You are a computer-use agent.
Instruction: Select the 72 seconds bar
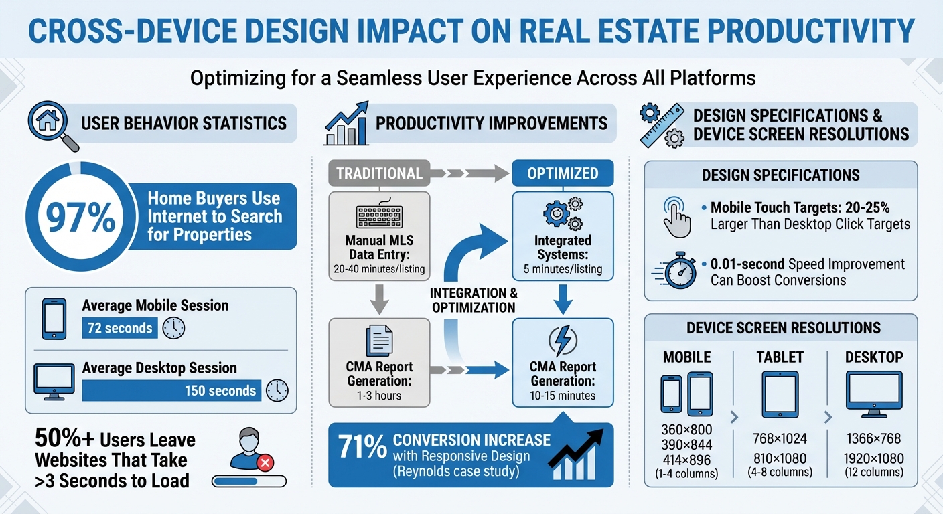tap(118, 329)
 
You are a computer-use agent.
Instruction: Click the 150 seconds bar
tap(171, 390)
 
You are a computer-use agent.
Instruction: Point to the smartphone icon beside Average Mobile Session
tap(54, 319)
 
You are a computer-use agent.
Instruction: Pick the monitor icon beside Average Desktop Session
tap(54, 382)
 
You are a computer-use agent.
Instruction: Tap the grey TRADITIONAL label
tap(379, 174)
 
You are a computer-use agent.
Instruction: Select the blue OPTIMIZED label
tap(563, 174)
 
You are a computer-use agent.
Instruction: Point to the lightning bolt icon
tap(563, 341)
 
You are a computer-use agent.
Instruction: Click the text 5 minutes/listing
tap(563, 269)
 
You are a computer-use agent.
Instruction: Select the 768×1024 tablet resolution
tap(780, 440)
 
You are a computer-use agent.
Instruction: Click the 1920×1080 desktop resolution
tap(873, 459)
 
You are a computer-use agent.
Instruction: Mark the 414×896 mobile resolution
tap(686, 460)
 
